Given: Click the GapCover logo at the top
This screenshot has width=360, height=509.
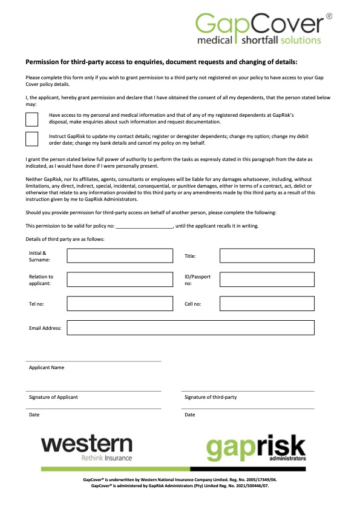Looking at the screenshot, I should point(264,28).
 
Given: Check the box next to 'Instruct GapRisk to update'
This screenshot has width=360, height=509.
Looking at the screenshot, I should point(31,139).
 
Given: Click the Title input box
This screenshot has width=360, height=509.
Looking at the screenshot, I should point(267,256).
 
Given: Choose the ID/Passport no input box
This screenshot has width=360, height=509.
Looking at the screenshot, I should point(267,280).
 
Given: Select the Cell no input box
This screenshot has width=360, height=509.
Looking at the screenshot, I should point(267,303).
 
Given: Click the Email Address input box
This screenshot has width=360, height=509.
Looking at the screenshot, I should point(191,327).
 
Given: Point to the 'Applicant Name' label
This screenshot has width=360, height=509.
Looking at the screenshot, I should point(47,367).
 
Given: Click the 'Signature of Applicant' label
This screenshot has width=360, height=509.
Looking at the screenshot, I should point(53,397).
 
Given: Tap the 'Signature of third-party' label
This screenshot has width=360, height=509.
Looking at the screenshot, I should point(210,397).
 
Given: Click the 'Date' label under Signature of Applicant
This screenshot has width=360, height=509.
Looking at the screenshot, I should point(34,415).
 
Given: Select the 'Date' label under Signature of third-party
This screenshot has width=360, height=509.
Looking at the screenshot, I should point(190,415).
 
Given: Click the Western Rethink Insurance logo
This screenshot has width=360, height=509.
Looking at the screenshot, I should point(87,448).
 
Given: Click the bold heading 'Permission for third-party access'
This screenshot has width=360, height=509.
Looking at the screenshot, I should point(161,62).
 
